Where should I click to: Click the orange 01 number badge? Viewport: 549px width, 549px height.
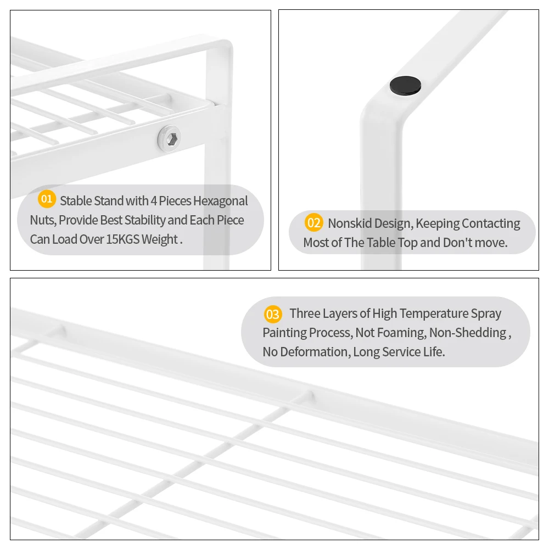tap(47, 199)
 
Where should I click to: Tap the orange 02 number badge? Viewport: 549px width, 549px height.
tap(313, 223)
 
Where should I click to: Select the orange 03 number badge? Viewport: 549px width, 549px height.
tap(273, 314)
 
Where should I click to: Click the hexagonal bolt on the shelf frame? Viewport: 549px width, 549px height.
tap(170, 139)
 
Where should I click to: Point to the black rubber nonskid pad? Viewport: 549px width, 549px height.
tap(406, 86)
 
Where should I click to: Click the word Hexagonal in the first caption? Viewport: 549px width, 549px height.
tap(221, 201)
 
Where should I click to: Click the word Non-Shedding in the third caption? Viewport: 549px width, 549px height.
tap(468, 333)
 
